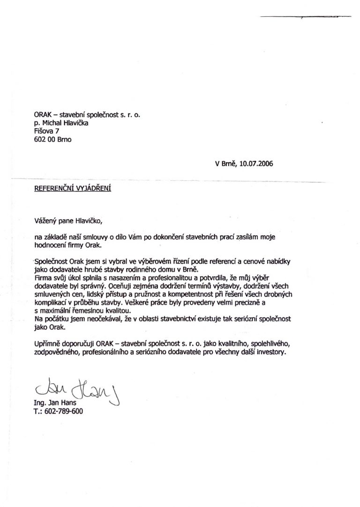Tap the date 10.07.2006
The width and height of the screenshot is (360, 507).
click(x=256, y=164)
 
